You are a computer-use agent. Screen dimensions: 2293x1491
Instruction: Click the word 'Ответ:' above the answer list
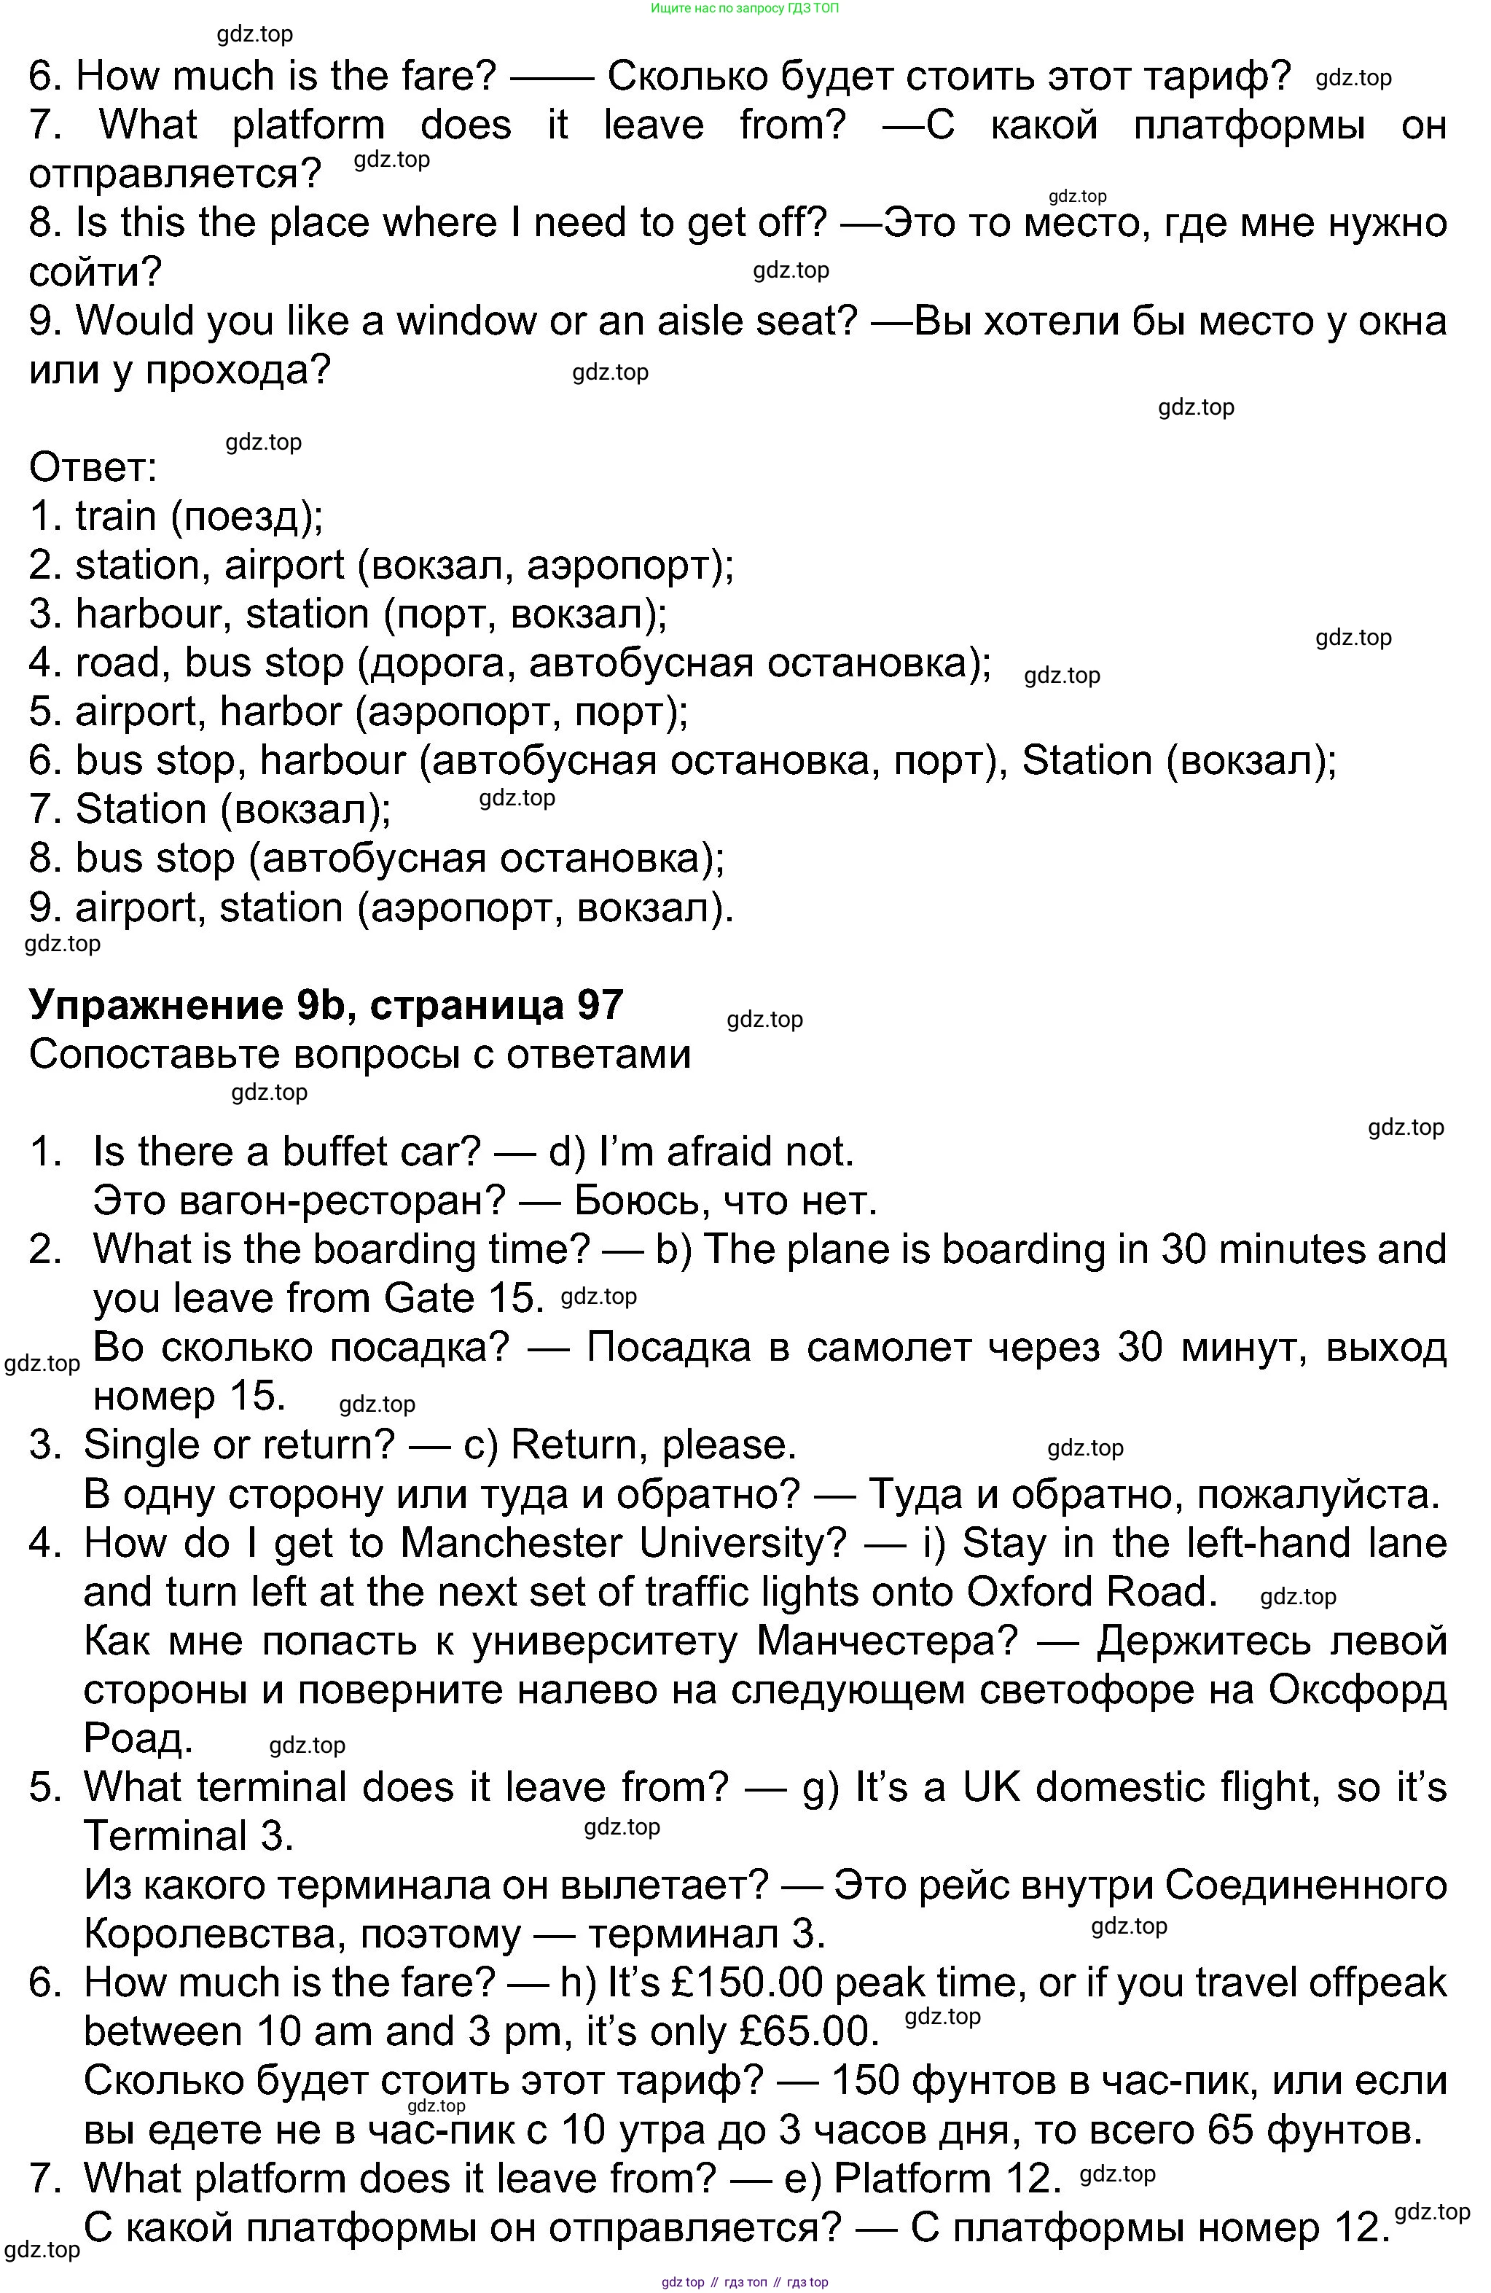(x=93, y=468)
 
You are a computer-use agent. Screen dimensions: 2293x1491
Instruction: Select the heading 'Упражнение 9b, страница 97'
(x=326, y=1005)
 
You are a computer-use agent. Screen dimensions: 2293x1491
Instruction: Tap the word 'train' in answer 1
(x=116, y=517)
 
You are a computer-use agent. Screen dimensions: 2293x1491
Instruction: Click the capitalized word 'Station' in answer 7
(x=141, y=809)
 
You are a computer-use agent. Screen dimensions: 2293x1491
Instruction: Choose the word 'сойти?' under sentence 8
(x=95, y=273)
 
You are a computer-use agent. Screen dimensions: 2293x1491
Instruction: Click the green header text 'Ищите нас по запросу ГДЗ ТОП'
(x=745, y=8)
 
